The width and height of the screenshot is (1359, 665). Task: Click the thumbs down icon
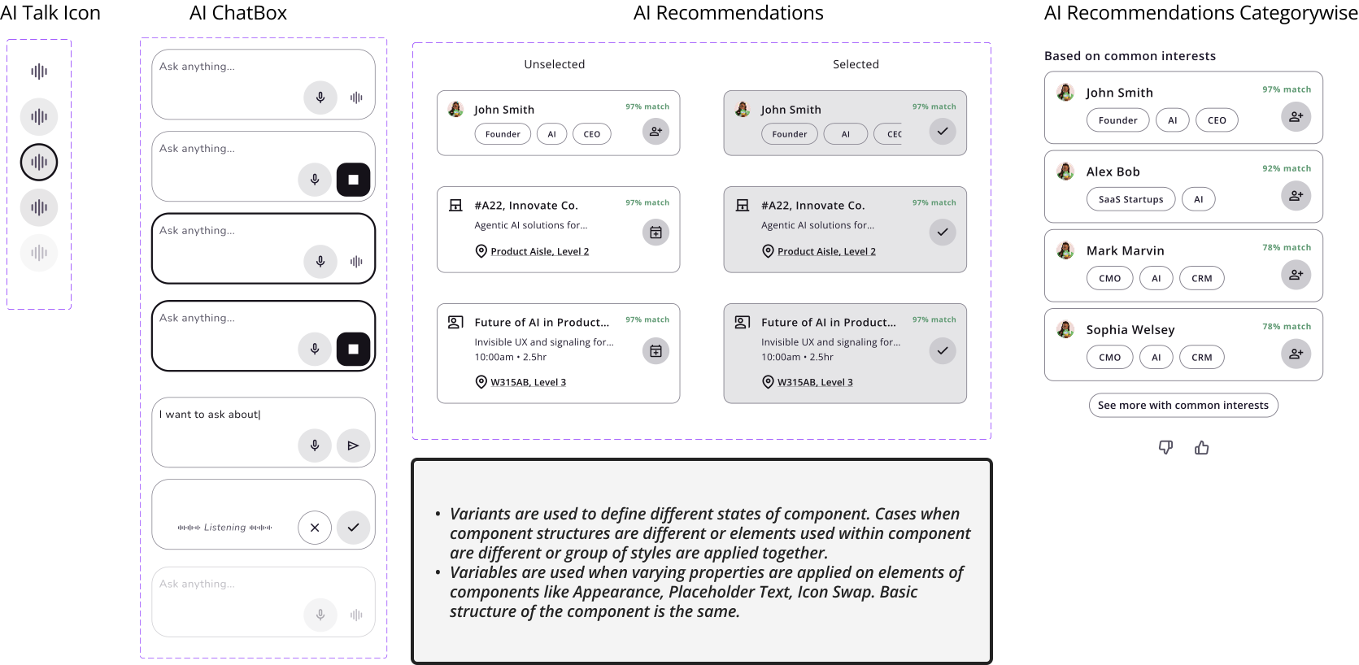click(x=1165, y=447)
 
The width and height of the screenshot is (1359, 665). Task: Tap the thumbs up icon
click(x=1201, y=447)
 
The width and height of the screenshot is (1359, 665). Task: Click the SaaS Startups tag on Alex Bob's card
click(x=1131, y=199)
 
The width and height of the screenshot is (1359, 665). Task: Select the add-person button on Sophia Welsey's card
click(x=1296, y=354)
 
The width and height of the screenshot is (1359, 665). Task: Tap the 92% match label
click(x=1286, y=168)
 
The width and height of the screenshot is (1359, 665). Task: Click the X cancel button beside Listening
click(x=314, y=528)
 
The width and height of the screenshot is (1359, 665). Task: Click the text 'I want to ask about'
click(x=209, y=415)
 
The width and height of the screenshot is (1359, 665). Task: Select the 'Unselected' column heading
click(x=554, y=64)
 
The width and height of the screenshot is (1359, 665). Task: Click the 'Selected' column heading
click(x=856, y=64)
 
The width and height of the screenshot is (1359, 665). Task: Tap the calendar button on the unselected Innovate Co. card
click(x=656, y=233)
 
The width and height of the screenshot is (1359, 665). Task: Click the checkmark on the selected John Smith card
click(x=943, y=131)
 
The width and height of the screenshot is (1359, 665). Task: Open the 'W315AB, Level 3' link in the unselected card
click(x=528, y=382)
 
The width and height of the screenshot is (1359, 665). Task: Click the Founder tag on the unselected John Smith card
click(x=503, y=134)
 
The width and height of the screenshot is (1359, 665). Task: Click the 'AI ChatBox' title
click(x=237, y=13)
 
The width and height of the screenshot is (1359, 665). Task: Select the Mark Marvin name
click(x=1125, y=250)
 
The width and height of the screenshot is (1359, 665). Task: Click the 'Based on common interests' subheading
click(x=1130, y=56)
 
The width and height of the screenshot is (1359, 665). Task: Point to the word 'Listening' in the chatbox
click(x=224, y=528)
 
